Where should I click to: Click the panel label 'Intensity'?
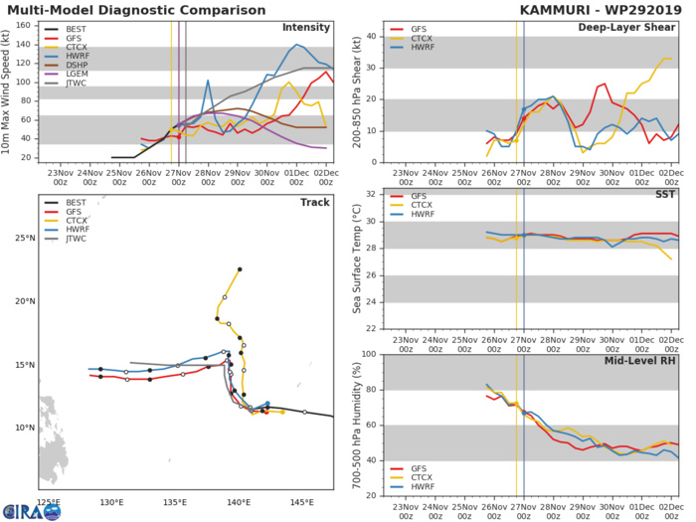coord(307,28)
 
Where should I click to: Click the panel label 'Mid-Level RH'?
coord(641,361)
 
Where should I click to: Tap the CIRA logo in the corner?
coord(30,510)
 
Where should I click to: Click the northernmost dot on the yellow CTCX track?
coord(240,268)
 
